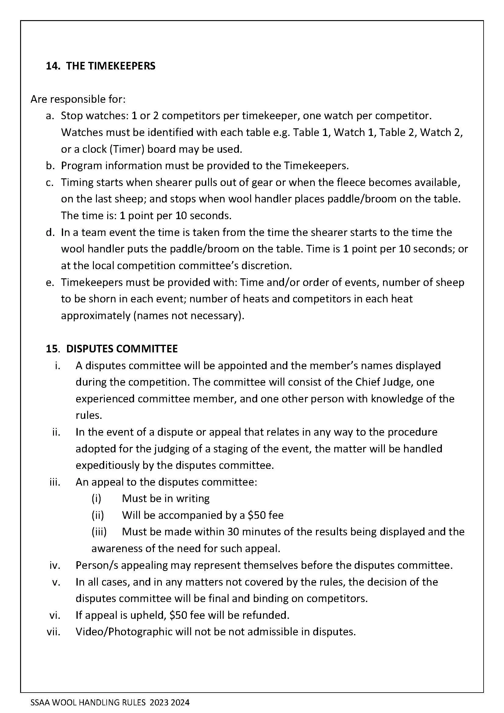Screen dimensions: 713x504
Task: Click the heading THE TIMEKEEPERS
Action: (111, 66)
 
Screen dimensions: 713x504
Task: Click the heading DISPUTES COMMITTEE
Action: (122, 349)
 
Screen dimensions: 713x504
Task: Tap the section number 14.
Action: (53, 66)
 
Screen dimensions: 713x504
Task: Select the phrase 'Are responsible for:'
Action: (78, 99)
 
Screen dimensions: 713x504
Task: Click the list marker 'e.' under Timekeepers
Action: (50, 282)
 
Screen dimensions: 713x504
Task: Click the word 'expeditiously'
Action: (107, 465)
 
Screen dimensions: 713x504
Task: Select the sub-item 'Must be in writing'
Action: (166, 499)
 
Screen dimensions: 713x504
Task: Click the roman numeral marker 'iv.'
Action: (55, 565)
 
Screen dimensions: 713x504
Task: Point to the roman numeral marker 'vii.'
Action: (53, 632)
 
